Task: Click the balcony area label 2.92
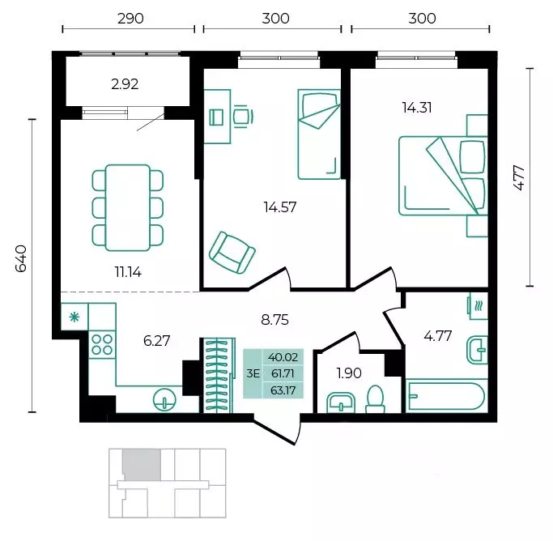(x=125, y=84)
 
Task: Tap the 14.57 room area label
(x=280, y=207)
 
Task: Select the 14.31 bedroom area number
(x=417, y=108)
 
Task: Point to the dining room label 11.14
(x=128, y=272)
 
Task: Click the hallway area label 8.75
(x=274, y=320)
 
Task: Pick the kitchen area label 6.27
(x=156, y=341)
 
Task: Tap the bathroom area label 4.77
(x=438, y=336)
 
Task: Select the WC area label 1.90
(x=349, y=373)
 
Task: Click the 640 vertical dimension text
(x=21, y=258)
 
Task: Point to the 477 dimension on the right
(x=519, y=178)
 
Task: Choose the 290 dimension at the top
(x=130, y=19)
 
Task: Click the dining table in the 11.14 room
(x=128, y=207)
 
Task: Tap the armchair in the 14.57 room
(x=232, y=252)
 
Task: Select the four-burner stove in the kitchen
(x=102, y=344)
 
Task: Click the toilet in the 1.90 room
(x=375, y=399)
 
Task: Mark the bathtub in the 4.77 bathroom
(x=447, y=395)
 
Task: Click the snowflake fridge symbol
(x=74, y=317)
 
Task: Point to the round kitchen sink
(x=164, y=400)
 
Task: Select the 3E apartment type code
(x=253, y=373)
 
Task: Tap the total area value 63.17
(x=283, y=390)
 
